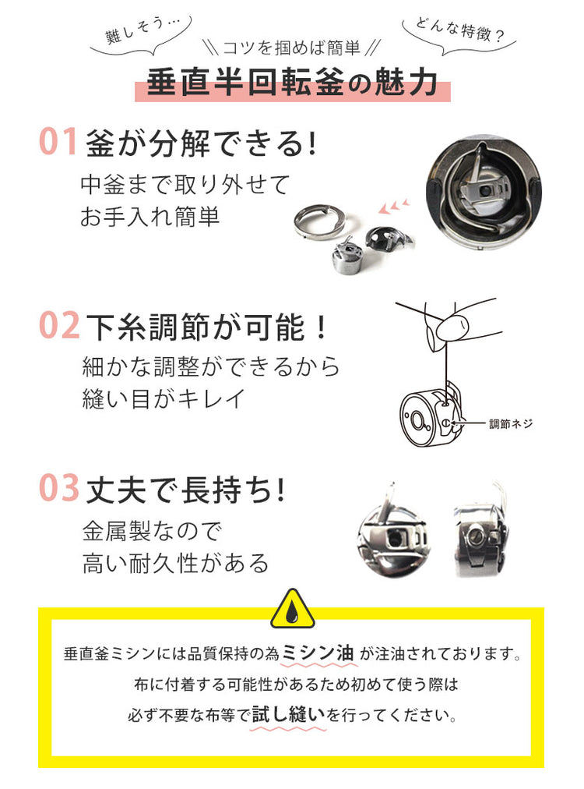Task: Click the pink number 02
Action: (x=59, y=325)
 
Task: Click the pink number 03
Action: (x=59, y=487)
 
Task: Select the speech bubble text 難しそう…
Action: (x=139, y=30)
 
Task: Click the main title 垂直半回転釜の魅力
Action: (x=292, y=82)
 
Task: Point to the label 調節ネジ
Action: (x=511, y=423)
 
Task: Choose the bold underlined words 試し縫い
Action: (x=288, y=713)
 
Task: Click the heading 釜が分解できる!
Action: (x=202, y=143)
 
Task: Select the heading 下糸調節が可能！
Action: (x=206, y=327)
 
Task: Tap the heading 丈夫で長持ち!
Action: (x=185, y=490)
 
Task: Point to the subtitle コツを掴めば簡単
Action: (x=291, y=48)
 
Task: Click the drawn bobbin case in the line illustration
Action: (x=430, y=415)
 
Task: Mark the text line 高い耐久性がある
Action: (x=176, y=563)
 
